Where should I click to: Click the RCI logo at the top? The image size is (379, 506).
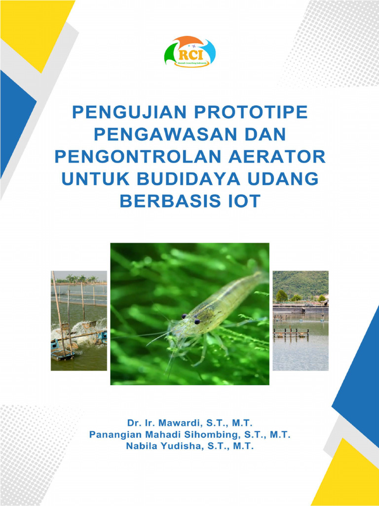click(189, 52)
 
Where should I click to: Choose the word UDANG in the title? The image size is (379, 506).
click(287, 178)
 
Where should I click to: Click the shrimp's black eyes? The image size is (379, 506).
click(190, 319)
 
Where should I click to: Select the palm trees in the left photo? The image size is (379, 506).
click(79, 278)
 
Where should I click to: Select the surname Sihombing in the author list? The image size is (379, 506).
click(205, 435)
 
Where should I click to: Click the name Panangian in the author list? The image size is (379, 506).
click(112, 435)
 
